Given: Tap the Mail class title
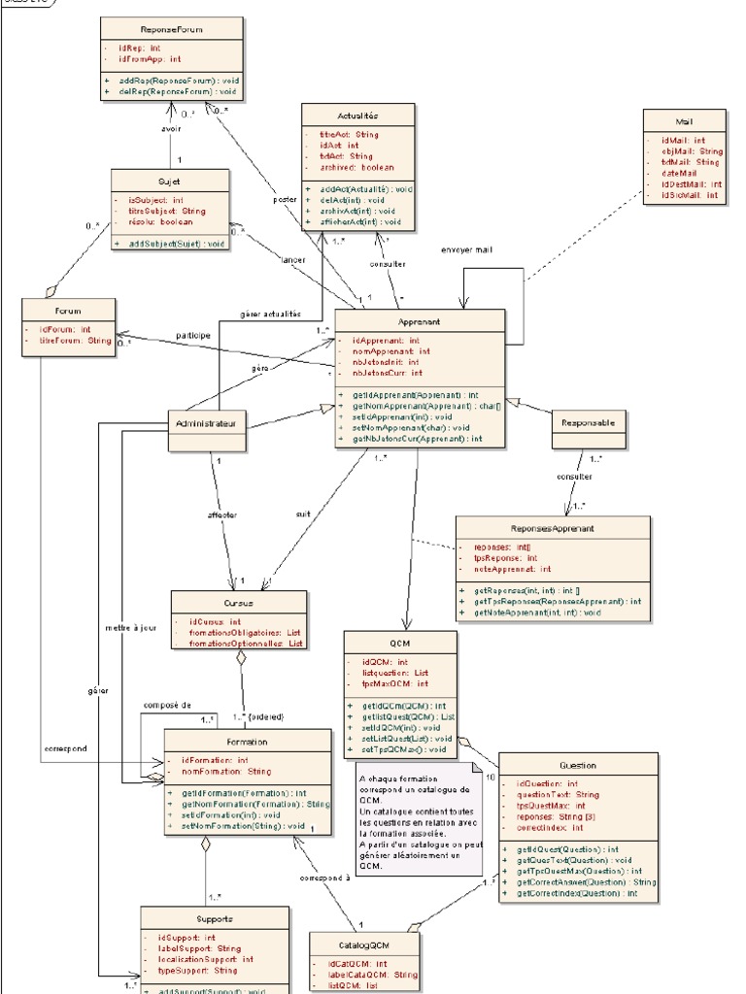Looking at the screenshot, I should click(685, 122).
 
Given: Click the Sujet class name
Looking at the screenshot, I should click(170, 181).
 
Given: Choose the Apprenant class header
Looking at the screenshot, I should click(420, 321).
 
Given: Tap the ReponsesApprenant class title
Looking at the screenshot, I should click(553, 528).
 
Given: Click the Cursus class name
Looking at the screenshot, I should click(225, 602).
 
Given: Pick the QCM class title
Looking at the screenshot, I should click(400, 643).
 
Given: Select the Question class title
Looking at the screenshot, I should click(578, 765).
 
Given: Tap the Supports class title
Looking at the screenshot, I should click(214, 918).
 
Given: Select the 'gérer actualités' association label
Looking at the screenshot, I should click(269, 314).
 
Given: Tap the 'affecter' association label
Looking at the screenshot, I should click(222, 514).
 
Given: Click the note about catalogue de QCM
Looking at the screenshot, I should click(417, 821).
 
